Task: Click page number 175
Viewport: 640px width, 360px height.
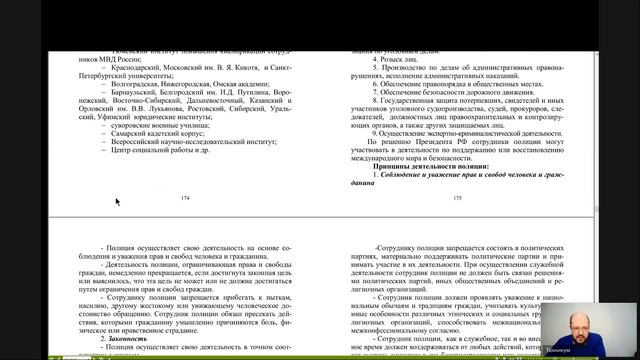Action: tap(457, 199)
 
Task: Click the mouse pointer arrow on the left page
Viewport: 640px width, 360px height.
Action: tap(118, 202)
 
